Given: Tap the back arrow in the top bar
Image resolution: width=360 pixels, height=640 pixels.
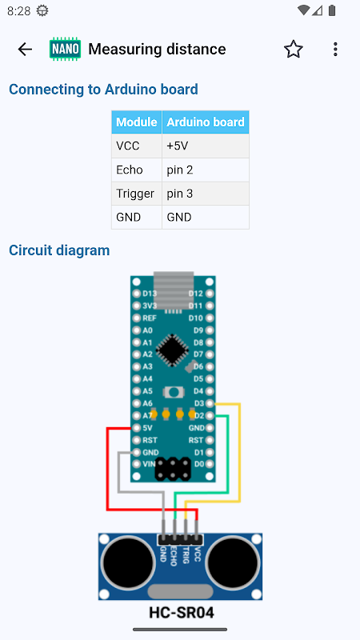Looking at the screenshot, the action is (25, 50).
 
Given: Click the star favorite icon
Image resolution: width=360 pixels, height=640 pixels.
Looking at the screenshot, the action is (293, 50).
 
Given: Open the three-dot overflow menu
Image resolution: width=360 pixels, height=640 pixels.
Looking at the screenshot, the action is (335, 50).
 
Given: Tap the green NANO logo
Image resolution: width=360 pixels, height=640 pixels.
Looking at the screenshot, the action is (66, 50).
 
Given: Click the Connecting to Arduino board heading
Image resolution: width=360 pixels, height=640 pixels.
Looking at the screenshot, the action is (103, 89).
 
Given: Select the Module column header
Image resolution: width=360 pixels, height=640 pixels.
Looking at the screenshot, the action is (136, 122).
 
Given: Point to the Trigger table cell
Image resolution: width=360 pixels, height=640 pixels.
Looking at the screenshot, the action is (135, 194).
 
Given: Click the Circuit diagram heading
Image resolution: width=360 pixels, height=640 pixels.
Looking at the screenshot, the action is (59, 250).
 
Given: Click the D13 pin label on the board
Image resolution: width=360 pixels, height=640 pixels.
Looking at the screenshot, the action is (150, 294).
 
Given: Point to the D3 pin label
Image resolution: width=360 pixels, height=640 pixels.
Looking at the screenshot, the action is (198, 403).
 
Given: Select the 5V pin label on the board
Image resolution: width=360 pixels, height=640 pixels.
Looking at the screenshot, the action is (147, 428).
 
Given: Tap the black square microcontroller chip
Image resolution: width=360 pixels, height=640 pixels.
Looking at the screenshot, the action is (173, 350).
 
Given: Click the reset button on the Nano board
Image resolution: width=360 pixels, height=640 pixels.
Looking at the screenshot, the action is (174, 392).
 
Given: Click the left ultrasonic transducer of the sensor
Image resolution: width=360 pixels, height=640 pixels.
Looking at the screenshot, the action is (128, 562).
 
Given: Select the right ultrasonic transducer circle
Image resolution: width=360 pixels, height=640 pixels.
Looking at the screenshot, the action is (233, 562).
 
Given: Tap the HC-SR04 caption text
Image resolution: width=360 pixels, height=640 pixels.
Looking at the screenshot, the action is (182, 613).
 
